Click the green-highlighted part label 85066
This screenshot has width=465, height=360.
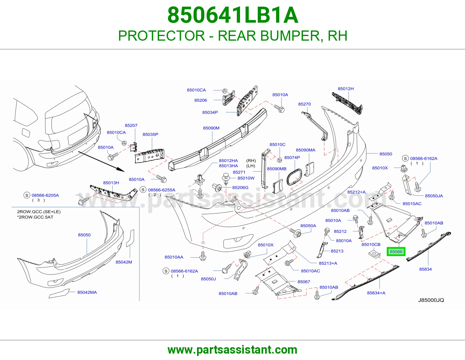coord(396,252)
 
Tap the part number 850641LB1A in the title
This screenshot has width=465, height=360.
coord(233,15)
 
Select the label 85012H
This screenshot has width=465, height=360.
coord(346,89)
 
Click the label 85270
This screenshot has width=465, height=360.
coord(304,104)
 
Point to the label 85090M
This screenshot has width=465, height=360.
coord(211,128)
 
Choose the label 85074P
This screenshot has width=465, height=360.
coord(292,158)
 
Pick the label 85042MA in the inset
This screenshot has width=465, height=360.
coord(87,292)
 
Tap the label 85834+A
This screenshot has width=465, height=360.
coord(376,293)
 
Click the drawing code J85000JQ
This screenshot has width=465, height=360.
coord(431,300)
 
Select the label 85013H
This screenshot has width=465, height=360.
coord(111,183)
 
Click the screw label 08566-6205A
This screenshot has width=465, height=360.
coord(45,195)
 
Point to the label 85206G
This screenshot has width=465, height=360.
coord(240,188)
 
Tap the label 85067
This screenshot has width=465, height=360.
coord(304,282)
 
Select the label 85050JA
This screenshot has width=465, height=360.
coord(434,196)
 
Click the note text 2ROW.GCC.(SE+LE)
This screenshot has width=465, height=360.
coord(39,212)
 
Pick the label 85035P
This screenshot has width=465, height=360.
coord(150,134)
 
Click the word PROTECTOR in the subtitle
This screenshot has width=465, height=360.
coord(162,36)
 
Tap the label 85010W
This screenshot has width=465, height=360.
coord(246,178)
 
